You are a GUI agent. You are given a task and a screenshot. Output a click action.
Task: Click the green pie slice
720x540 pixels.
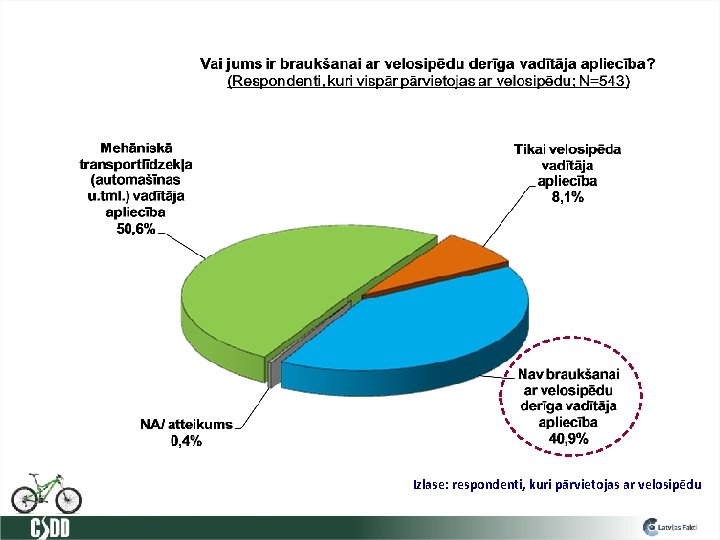260,300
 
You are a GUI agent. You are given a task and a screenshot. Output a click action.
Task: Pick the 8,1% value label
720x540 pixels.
567,198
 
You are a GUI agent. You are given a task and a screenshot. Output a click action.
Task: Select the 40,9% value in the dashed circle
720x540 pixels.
567,438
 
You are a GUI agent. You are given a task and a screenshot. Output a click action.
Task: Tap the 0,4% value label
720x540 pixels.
186,440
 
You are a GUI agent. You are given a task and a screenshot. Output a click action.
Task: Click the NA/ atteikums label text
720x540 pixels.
186,424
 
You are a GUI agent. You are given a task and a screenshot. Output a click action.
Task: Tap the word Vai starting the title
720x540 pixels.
213,63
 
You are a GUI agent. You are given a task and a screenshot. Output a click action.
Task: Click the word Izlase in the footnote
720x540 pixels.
430,485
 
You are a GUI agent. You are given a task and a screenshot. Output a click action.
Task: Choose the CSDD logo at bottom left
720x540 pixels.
50,527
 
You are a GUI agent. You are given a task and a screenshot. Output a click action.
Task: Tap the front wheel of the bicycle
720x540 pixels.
67,497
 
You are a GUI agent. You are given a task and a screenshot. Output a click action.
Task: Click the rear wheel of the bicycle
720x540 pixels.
24,496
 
